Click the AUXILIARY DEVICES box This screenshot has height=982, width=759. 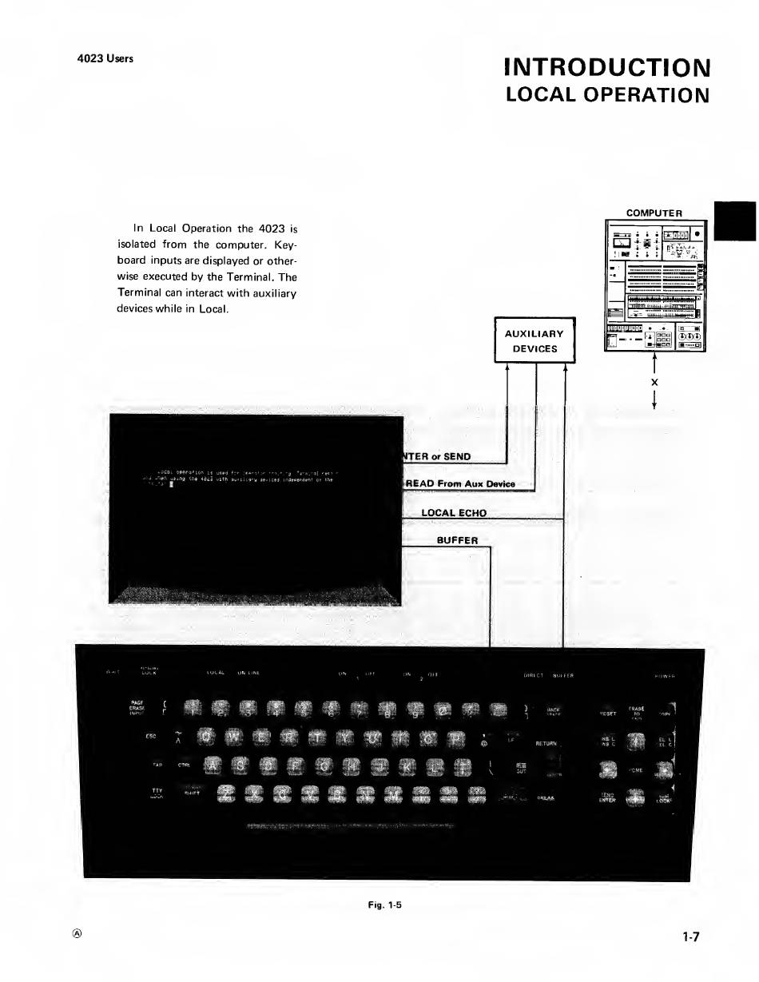tap(534, 341)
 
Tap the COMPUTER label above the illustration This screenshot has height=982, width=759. tap(654, 213)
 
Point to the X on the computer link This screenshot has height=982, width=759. tap(654, 383)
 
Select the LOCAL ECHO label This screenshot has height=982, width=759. tap(453, 513)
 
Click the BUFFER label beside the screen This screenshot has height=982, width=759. tap(457, 540)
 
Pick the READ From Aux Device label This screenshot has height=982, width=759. tap(461, 483)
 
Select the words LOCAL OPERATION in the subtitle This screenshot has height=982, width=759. tap(607, 95)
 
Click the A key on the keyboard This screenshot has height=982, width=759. tap(212, 766)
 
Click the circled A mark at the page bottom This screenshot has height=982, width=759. tap(79, 934)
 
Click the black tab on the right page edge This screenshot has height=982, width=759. tap(734, 221)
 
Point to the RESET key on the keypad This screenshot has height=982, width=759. tap(608, 714)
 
